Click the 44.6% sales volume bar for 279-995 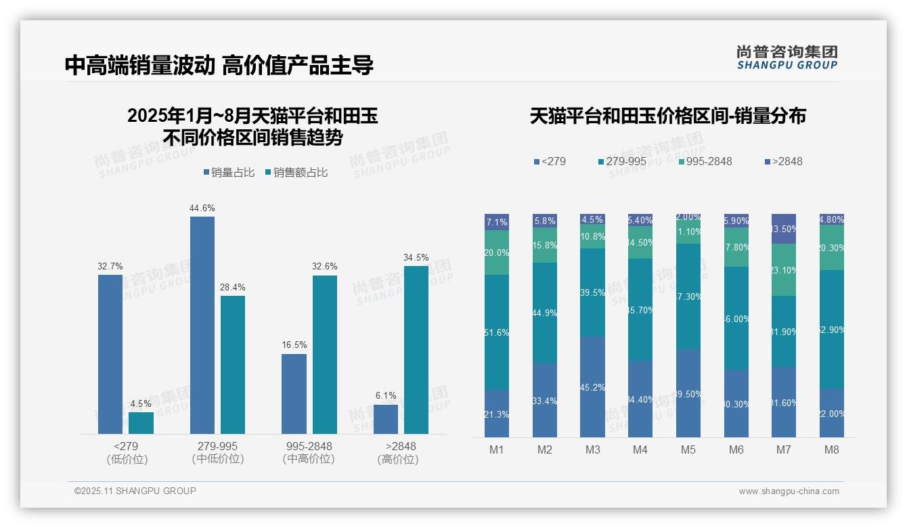click(x=202, y=325)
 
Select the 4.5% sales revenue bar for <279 click(x=141, y=423)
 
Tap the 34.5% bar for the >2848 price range click(x=416, y=349)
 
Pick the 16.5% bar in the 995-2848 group click(x=294, y=393)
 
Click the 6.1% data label click(x=386, y=395)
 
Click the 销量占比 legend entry click(x=229, y=173)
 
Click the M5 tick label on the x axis click(x=688, y=450)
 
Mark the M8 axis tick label click(x=832, y=450)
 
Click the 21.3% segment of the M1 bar click(x=497, y=414)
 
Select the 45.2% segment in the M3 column click(x=592, y=387)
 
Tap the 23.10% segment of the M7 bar click(x=784, y=269)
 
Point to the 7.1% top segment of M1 click(x=497, y=222)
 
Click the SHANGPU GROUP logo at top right click(x=787, y=58)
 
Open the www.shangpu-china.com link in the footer click(x=789, y=491)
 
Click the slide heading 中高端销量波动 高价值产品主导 click(x=219, y=66)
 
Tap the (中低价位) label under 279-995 click(x=217, y=459)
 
